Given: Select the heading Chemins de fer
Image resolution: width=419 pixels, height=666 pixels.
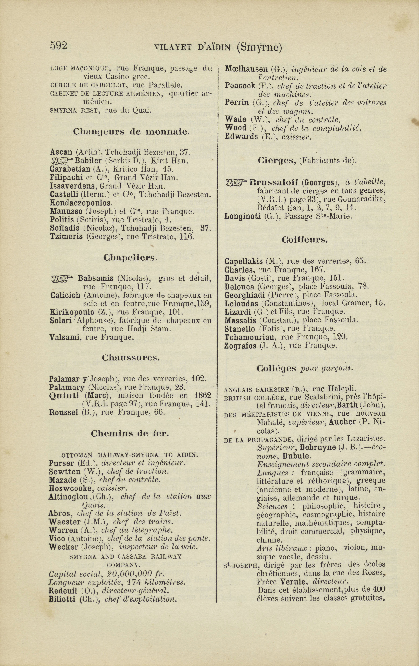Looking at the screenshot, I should coord(130,434).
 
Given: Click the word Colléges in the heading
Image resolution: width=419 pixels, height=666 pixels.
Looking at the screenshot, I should coord(276,368).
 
